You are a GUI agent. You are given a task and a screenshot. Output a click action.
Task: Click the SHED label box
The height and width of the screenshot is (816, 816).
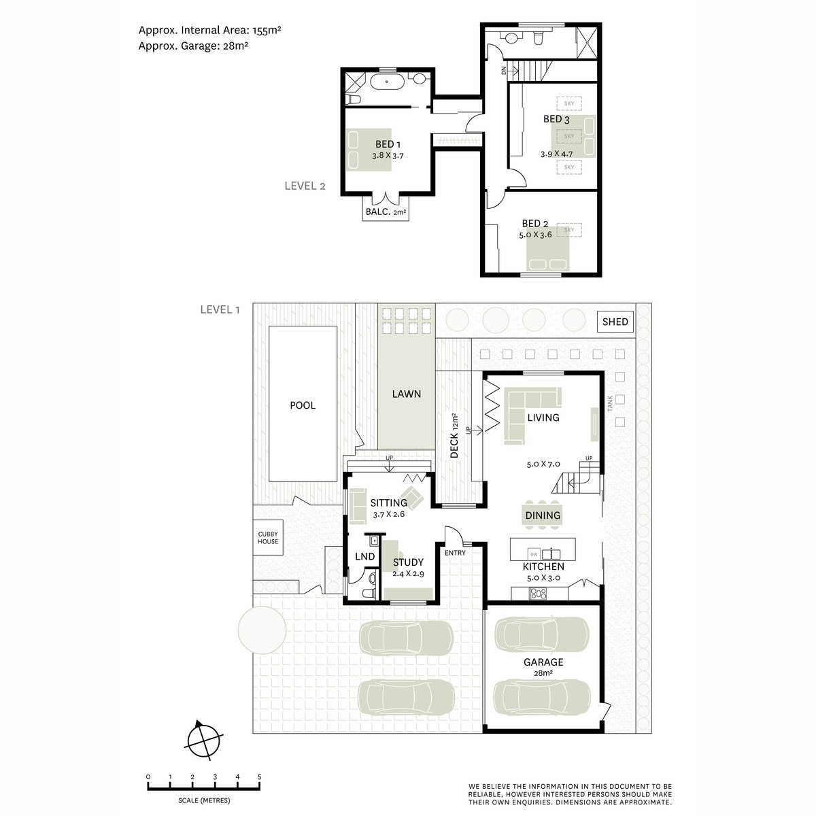(615, 322)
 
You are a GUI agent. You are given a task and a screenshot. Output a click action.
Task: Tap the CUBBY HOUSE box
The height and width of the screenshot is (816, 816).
(268, 537)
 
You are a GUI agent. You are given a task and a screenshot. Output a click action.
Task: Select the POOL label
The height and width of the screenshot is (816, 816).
(303, 405)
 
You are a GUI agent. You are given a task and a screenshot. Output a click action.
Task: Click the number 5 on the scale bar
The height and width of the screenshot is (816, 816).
(259, 777)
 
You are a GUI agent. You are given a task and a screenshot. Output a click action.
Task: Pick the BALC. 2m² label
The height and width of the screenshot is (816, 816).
(386, 211)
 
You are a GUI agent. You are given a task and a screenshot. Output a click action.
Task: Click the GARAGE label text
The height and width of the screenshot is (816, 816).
(543, 662)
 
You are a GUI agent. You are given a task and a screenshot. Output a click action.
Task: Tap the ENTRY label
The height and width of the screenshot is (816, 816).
(455, 553)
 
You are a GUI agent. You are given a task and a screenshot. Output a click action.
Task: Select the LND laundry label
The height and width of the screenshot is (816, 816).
(364, 556)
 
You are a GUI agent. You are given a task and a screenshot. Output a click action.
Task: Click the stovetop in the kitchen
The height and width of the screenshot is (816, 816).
(538, 594)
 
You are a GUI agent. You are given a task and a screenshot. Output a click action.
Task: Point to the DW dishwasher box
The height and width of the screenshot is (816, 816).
(534, 554)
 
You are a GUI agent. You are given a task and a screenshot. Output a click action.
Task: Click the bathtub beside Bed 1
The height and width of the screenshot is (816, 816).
(387, 82)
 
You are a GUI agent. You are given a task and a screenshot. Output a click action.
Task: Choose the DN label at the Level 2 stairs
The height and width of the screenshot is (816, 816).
(503, 70)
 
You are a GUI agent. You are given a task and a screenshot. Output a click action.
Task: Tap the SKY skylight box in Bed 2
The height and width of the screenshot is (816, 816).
(568, 230)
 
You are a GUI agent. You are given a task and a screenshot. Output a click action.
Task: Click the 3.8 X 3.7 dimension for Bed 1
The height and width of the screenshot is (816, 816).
(388, 156)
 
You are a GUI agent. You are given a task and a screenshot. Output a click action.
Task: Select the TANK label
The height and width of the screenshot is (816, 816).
(610, 403)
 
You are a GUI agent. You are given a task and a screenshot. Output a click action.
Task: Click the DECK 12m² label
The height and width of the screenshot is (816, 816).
(454, 435)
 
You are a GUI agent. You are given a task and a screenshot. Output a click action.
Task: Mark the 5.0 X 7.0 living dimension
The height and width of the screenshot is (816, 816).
(543, 464)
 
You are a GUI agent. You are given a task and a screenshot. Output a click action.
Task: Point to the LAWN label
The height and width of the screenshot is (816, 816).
(406, 394)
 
